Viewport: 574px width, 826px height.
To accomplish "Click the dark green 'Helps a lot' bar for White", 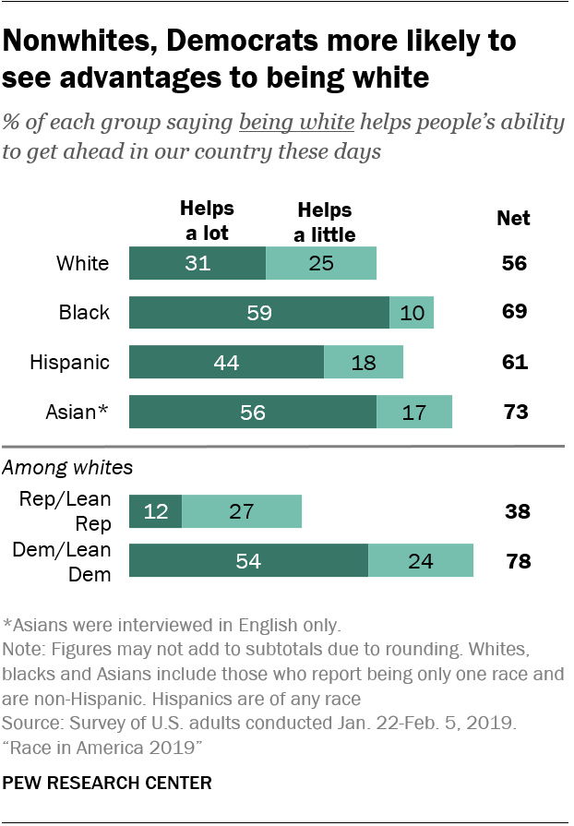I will point(197,263).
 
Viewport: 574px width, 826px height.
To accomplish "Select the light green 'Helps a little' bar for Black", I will point(412,313).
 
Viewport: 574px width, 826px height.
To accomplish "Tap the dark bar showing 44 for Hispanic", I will point(226,362).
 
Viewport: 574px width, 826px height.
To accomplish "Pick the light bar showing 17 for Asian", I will point(414,412).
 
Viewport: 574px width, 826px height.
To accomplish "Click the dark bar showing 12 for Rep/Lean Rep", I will point(155,511).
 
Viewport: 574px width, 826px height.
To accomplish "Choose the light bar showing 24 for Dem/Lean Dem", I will point(421,561).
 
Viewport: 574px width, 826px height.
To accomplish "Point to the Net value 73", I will point(514,412).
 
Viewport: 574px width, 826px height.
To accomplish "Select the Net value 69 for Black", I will point(514,313).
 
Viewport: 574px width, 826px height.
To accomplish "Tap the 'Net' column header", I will point(514,219).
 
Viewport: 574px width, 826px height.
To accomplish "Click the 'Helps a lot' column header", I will point(207,221).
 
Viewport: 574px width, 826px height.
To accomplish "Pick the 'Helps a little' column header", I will point(324,222).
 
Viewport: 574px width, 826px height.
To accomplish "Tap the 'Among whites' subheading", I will point(67,468).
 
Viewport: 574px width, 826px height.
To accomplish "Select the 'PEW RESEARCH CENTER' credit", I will point(107,783).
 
